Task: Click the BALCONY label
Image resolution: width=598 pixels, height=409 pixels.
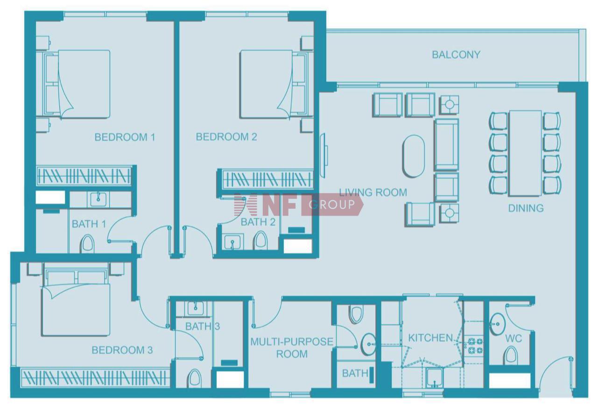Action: pos(456,55)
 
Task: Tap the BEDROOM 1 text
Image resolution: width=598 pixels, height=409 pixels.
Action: pos(125,137)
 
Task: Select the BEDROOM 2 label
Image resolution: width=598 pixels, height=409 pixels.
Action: pos(226,137)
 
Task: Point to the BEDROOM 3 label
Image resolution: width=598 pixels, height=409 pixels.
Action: pos(122,350)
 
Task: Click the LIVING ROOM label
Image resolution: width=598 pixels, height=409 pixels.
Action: pos(373,192)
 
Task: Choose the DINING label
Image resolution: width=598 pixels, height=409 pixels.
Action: pos(526,208)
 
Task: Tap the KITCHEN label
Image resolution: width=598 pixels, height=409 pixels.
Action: pos(430,338)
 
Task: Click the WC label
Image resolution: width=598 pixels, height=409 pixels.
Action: pos(514,338)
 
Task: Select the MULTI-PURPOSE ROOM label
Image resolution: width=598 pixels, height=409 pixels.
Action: pos(292,348)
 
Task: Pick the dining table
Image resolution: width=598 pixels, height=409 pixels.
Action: pos(525,153)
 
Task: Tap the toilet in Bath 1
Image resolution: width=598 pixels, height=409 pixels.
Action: pos(87,244)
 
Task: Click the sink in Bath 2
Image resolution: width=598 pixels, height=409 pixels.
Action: pos(232,242)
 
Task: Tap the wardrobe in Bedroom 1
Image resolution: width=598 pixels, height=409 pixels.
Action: pos(84,176)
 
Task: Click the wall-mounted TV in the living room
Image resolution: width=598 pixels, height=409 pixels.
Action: pos(324,155)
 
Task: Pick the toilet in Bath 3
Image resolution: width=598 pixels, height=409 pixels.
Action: pos(194,378)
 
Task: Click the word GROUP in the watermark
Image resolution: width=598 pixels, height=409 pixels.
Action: pos(332,204)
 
